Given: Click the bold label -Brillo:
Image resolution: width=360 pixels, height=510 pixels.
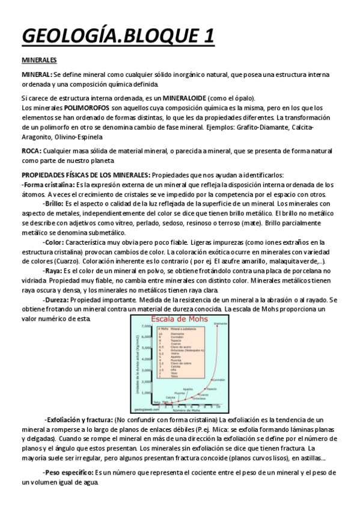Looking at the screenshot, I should pyautogui.click(x=56, y=204).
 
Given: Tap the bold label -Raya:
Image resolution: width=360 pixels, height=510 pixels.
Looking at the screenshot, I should pyautogui.click(x=55, y=271).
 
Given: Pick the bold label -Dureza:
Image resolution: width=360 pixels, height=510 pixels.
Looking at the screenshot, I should pyautogui.click(x=58, y=299).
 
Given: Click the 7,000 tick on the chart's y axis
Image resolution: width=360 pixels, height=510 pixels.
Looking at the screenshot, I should pyautogui.click(x=146, y=326).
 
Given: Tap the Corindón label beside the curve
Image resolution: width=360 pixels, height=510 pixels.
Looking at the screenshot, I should pyautogui.click(x=219, y=379).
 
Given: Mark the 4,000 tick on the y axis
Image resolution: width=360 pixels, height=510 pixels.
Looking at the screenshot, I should pyautogui.click(x=146, y=359).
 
